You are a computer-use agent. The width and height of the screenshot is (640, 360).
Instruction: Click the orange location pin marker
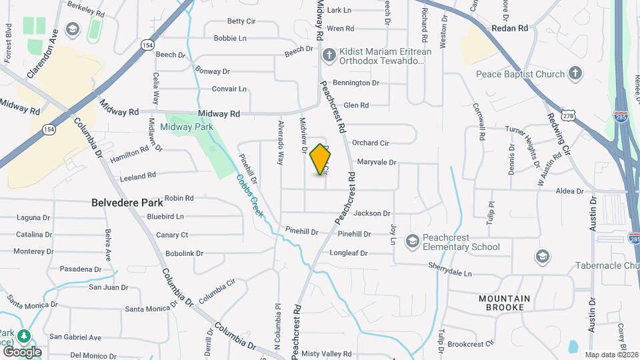coord(321,159)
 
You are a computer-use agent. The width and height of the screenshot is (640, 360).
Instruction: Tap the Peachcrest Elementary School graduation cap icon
coord(413,240)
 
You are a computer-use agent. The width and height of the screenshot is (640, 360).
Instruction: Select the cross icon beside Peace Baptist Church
coord(576,73)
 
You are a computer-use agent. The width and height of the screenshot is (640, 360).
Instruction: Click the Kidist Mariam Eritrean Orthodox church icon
coord(329,53)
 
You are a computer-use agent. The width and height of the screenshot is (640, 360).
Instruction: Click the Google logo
coord(21,351)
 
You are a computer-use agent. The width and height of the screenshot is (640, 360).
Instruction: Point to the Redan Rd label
coord(509,28)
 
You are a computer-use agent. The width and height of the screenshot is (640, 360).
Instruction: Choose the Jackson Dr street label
coord(372,213)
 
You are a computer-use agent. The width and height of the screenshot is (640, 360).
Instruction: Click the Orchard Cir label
coord(370,143)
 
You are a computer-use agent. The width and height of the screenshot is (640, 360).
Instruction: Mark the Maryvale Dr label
coord(377,162)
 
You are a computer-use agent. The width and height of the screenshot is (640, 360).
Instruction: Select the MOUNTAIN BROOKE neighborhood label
coord(505,303)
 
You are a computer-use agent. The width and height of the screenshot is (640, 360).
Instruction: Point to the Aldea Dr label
coord(569,191)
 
